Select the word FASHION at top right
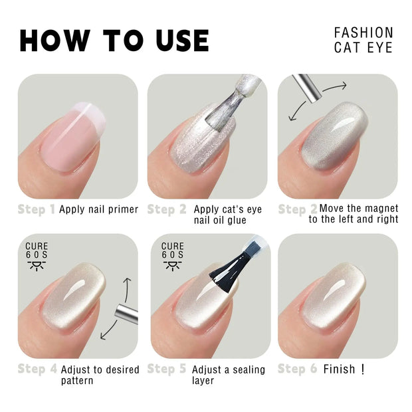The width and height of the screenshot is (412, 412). [x=363, y=33]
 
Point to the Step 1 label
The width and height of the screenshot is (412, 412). [x=36, y=210]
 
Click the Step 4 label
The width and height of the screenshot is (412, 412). [x=36, y=369]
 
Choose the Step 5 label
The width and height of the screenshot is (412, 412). [x=166, y=369]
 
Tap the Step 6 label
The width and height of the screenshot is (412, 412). [x=296, y=369]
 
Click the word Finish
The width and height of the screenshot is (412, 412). [x=340, y=369]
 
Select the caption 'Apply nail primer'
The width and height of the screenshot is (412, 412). [x=98, y=210]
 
